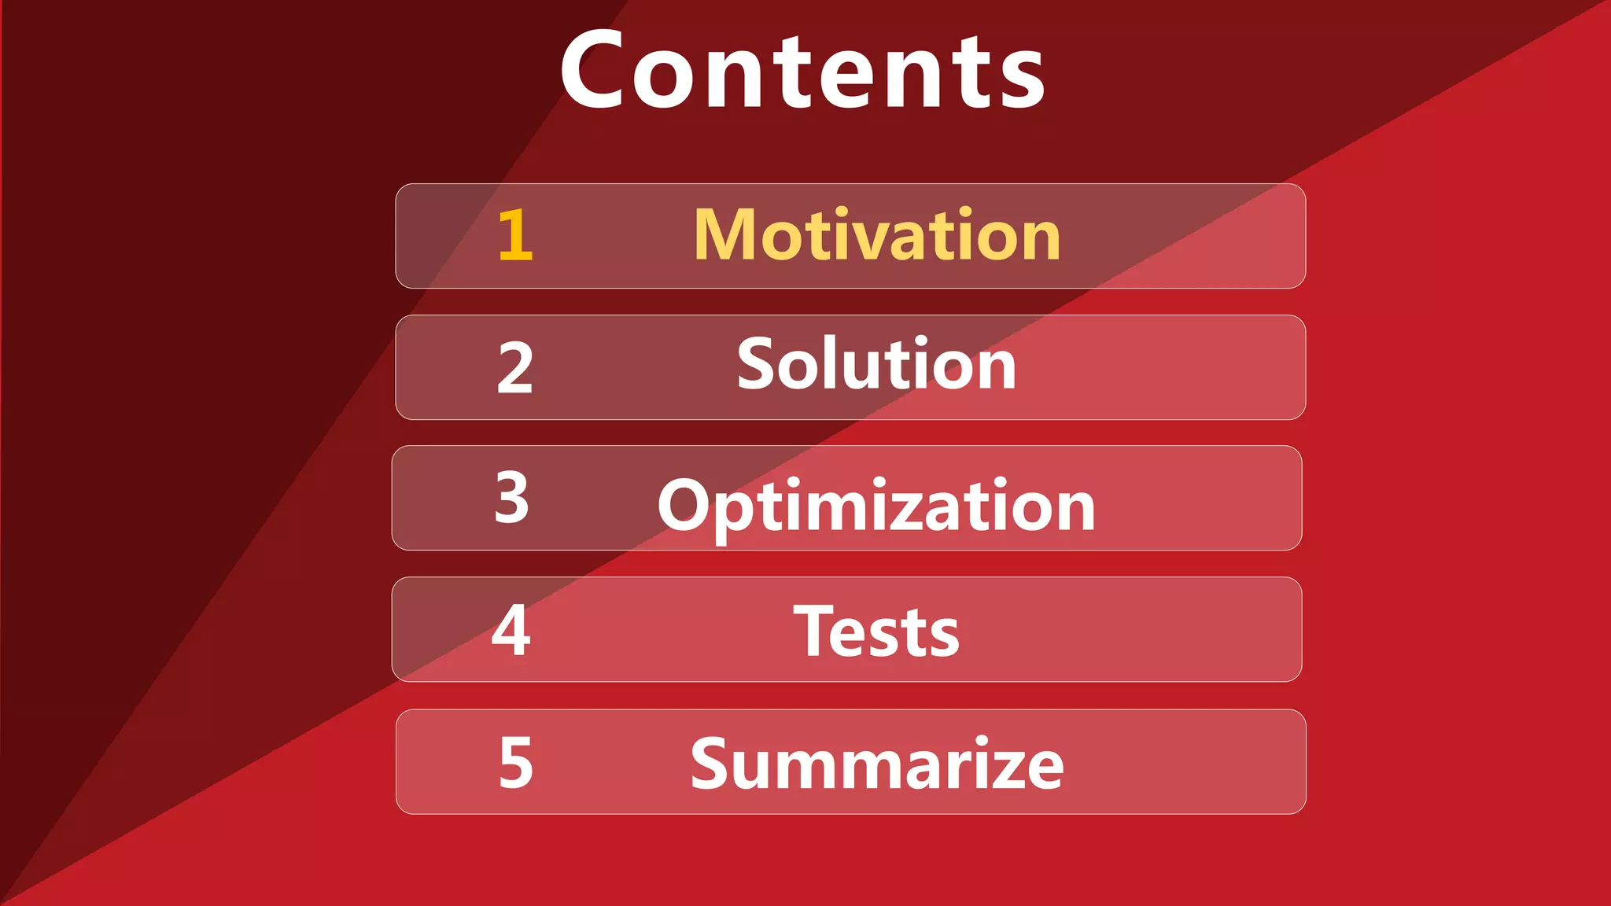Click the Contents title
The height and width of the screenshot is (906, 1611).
[802, 71]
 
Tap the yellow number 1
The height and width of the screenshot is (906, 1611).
[516, 235]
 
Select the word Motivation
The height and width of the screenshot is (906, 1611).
[877, 235]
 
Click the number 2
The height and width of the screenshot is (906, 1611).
[515, 368]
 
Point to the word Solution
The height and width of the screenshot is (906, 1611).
[876, 364]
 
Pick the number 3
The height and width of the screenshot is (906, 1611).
[512, 498]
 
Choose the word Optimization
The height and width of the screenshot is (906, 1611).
[876, 506]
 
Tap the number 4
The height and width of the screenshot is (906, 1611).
[511, 630]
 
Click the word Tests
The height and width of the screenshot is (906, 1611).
[876, 632]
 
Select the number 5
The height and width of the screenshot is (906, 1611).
[516, 762]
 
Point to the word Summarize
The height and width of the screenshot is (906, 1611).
[877, 764]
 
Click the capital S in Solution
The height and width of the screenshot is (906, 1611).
[756, 363]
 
